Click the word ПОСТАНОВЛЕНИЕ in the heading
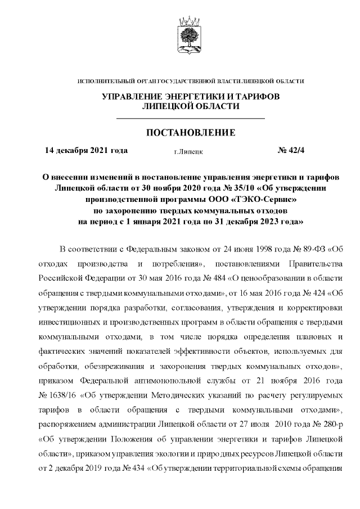click(190, 133)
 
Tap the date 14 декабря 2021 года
click(86, 150)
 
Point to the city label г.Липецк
click(189, 151)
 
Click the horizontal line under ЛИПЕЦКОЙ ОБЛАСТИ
click(190, 119)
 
